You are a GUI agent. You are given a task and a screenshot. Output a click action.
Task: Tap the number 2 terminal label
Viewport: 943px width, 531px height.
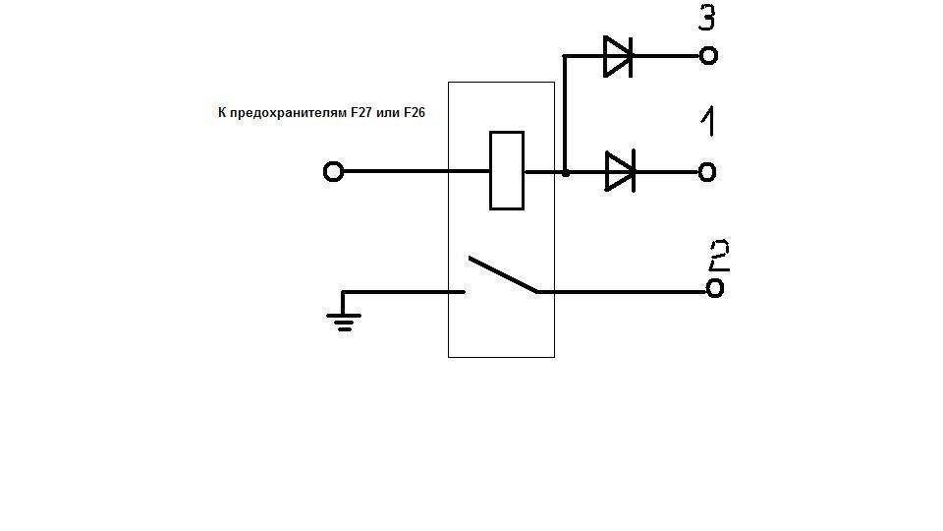[718, 256]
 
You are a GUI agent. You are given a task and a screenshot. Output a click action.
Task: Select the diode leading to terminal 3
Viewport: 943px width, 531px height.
[616, 56]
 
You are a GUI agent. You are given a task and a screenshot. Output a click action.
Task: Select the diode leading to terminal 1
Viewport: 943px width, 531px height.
[619, 172]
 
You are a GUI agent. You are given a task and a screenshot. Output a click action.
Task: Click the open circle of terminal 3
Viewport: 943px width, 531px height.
[708, 56]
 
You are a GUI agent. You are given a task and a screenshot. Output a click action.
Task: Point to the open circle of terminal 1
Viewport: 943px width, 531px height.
[707, 172]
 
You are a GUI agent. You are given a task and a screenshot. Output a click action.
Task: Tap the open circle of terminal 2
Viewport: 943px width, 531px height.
[715, 289]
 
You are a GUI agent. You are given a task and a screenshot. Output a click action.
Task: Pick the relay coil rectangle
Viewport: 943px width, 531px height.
[506, 171]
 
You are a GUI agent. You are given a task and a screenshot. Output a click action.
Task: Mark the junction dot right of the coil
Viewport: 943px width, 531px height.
[566, 172]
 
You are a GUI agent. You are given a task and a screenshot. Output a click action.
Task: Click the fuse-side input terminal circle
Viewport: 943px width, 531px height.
[333, 172]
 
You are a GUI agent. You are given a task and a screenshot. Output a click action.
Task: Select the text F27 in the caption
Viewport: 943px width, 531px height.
[363, 114]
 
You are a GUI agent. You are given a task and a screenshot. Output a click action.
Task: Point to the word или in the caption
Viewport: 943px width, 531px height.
[388, 114]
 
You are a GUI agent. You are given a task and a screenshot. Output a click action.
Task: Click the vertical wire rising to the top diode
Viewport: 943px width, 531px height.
[564, 113]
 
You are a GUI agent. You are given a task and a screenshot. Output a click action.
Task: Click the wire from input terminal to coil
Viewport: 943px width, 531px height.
[413, 172]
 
